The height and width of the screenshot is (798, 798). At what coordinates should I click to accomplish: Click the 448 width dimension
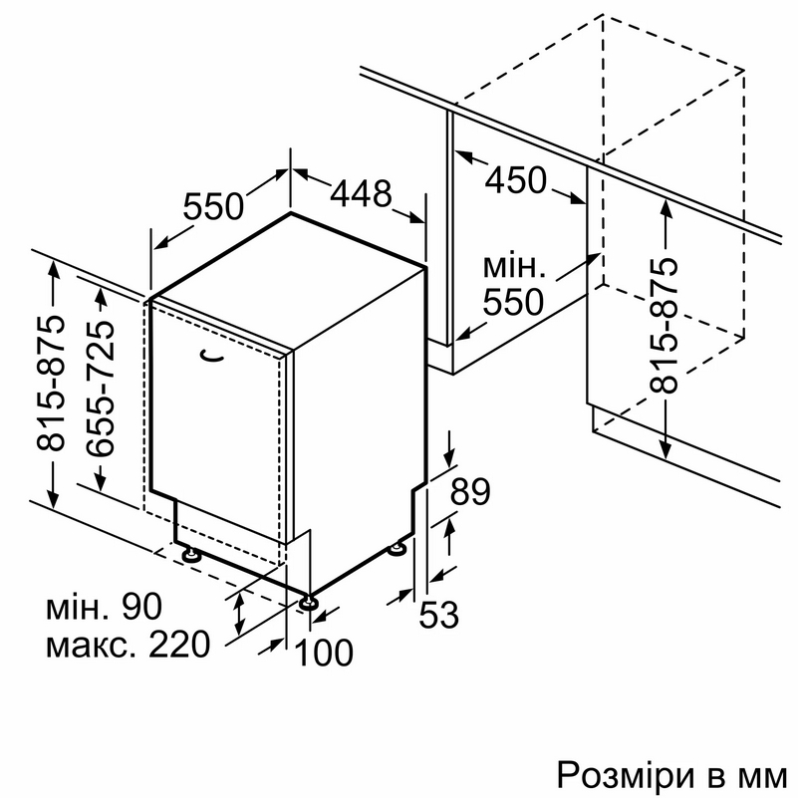pos(362,194)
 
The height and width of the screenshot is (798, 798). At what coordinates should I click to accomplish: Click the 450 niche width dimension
pos(515,180)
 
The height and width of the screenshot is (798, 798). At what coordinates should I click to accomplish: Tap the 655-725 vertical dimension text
pos(101,389)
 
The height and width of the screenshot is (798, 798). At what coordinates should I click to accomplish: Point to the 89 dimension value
pos(471,491)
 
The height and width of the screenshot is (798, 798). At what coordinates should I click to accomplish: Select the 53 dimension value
pos(438,615)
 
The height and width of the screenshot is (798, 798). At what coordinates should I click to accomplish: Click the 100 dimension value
pos(324,653)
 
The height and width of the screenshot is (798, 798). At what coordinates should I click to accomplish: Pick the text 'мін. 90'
pos(105,607)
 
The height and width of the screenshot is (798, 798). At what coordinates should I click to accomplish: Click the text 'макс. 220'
pos(129,645)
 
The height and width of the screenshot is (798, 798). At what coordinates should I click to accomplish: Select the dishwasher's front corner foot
pos(309,603)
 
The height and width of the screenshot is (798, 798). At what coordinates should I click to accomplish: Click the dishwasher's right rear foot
pos(397,549)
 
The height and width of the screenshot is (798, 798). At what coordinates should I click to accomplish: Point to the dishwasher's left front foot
pos(191,554)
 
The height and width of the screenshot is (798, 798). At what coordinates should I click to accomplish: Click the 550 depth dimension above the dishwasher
pos(214,206)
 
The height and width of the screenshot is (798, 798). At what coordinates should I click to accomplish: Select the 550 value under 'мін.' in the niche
pos(513,302)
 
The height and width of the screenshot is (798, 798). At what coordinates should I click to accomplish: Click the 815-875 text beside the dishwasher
pos(51,384)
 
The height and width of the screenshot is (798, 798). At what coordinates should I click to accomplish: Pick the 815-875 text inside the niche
pos(665,327)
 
